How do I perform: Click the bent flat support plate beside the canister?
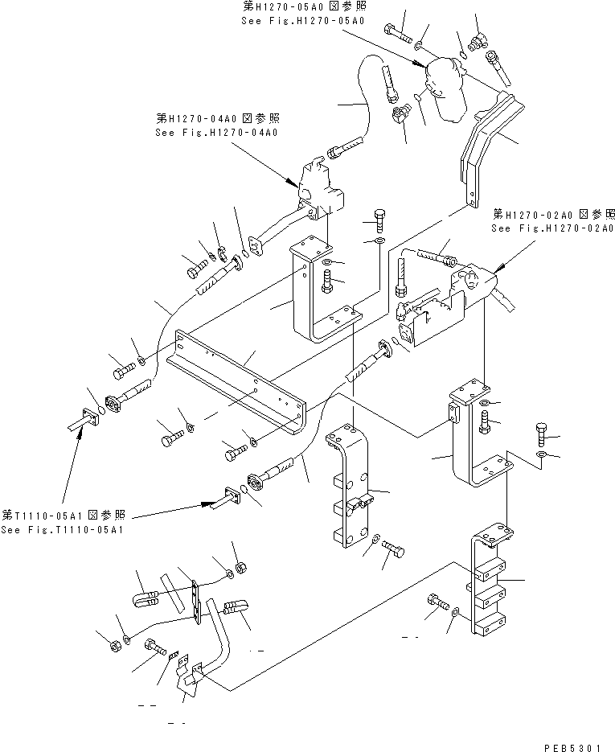482,145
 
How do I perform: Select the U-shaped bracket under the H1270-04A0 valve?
318,294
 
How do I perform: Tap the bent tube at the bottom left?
211,643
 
